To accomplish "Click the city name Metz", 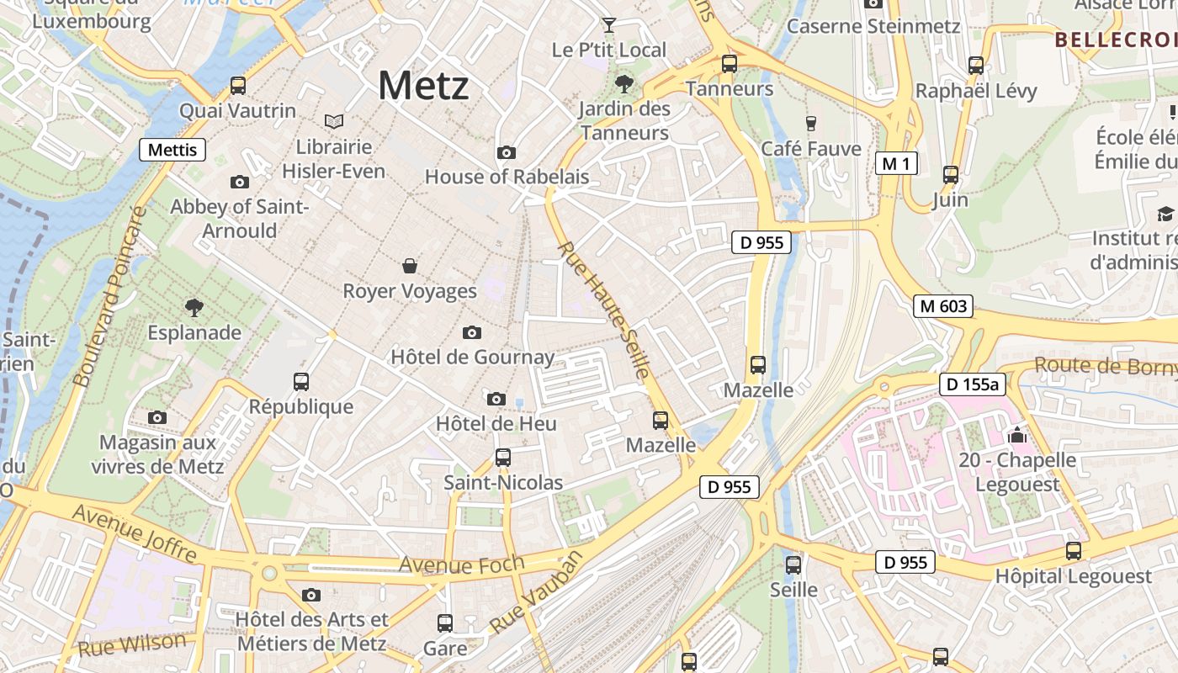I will [x=423, y=85].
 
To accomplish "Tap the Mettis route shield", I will [x=172, y=151].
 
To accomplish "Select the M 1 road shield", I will [x=896, y=163].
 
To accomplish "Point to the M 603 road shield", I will [x=943, y=306].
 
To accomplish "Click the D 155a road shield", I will [x=973, y=384].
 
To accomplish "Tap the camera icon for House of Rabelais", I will [x=506, y=152].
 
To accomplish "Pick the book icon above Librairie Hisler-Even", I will [x=334, y=122].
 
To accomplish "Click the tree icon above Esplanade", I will [x=194, y=307].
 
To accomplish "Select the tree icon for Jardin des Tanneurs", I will [x=623, y=83].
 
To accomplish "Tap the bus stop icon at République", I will [x=301, y=381].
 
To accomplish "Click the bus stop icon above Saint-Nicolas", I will [x=503, y=458].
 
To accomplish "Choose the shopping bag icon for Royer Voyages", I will [x=410, y=266].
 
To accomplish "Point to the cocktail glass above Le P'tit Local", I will [x=609, y=25].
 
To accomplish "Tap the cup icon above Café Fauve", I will [x=811, y=124].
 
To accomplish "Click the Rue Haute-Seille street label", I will [x=604, y=310].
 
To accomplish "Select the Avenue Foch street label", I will [x=461, y=564].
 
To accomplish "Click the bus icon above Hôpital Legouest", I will [x=1074, y=551].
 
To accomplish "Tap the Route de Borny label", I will [x=1104, y=366].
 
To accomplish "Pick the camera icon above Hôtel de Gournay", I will [x=472, y=332].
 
